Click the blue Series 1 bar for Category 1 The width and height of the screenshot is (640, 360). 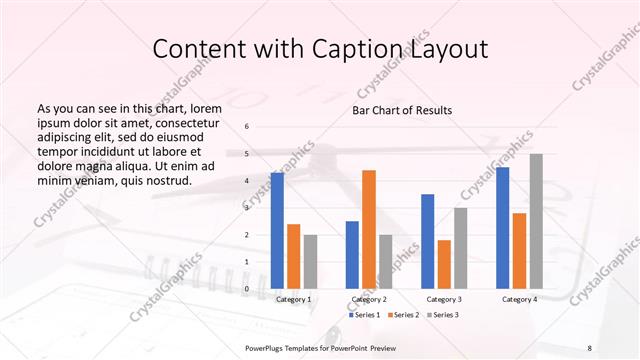[x=277, y=231]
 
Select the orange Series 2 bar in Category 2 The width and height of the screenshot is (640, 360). [x=369, y=230]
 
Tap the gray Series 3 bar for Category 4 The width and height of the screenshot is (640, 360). [x=536, y=221]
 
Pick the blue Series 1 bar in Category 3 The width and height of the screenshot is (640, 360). [x=428, y=241]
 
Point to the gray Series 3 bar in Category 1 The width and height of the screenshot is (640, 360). [x=310, y=262]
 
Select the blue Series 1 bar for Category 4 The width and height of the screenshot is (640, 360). [x=503, y=228]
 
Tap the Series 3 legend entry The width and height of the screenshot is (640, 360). [x=444, y=315]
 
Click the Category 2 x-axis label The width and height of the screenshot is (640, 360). [x=368, y=299]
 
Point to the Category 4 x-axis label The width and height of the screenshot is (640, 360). [x=519, y=299]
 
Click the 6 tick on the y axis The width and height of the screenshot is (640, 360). [x=247, y=127]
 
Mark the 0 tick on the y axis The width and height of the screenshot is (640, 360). [x=247, y=289]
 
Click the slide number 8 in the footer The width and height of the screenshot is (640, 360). [x=589, y=347]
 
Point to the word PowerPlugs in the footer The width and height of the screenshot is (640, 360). [x=269, y=347]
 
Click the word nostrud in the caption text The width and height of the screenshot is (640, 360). [x=163, y=180]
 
